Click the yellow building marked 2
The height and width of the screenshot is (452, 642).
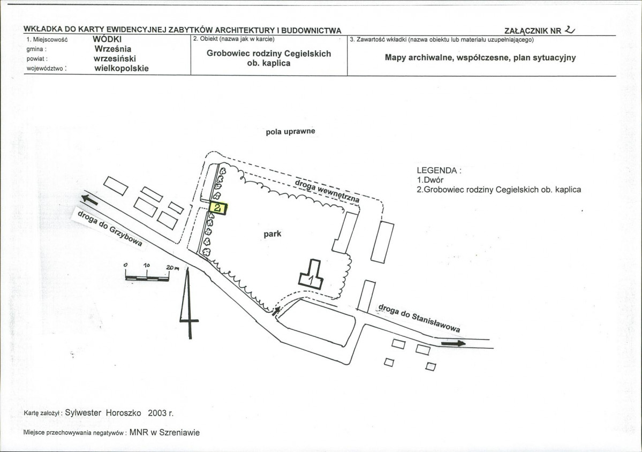[218, 208]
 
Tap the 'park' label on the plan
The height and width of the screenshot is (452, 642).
[273, 234]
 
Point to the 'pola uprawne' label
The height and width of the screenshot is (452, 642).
[290, 131]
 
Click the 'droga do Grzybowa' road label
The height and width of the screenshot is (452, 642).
[110, 228]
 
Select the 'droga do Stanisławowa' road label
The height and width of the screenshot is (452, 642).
[419, 318]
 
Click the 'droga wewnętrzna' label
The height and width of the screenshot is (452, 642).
[327, 191]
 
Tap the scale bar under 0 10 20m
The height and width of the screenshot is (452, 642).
[147, 278]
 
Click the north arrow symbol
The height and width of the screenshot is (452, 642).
[189, 303]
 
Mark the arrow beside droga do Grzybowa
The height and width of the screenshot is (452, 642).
[89, 200]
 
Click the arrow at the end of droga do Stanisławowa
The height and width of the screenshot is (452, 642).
[453, 343]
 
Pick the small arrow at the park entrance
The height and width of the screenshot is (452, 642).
[276, 311]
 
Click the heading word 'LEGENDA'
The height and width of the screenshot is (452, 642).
[436, 170]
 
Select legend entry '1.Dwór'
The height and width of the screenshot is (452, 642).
[430, 180]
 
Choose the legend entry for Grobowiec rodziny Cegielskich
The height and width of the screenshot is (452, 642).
[499, 190]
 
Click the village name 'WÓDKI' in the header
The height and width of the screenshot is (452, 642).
[107, 40]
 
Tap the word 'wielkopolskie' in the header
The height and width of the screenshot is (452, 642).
[122, 69]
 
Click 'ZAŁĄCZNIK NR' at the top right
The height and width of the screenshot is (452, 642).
[533, 31]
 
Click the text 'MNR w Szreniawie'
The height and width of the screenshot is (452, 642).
[164, 432]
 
